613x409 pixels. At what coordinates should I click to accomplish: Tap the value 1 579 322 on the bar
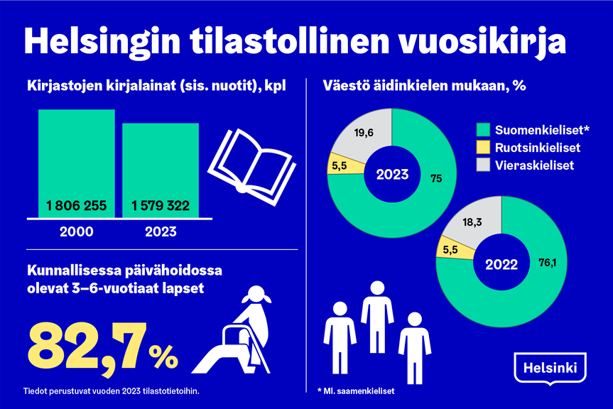161,207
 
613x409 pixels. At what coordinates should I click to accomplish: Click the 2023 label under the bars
161,231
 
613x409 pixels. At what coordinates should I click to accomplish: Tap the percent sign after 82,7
164,355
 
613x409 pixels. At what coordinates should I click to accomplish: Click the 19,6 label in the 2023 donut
364,131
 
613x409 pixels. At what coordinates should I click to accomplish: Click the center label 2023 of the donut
392,175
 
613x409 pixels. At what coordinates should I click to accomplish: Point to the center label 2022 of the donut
501,264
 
